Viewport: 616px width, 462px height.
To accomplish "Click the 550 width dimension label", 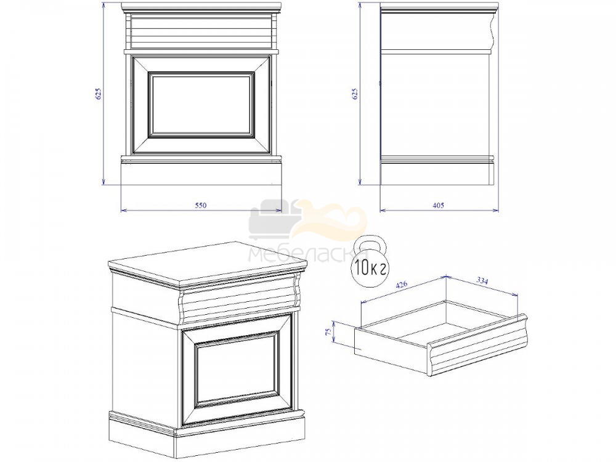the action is (x=200, y=205).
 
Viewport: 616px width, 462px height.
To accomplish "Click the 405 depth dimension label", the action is (x=438, y=205).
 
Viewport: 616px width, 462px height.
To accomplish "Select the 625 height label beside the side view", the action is (x=355, y=94).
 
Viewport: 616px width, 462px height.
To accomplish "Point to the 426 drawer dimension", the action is (x=402, y=286).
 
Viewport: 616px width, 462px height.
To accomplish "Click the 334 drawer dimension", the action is (x=482, y=281).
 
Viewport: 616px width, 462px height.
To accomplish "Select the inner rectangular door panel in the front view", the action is (x=201, y=105).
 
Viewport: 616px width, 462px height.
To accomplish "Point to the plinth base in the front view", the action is (x=201, y=173).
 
